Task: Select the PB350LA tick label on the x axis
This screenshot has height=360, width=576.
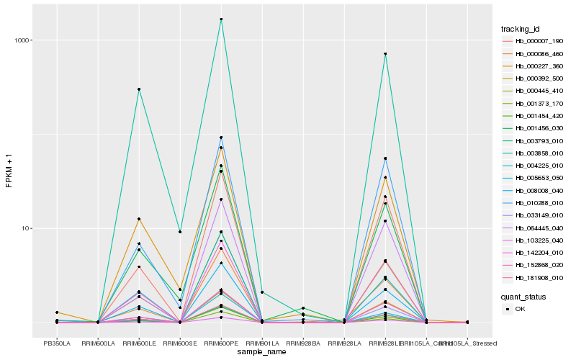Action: [x=57, y=344]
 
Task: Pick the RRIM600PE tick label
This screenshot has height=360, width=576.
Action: [x=221, y=344]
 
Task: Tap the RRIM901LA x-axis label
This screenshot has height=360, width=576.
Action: [x=262, y=344]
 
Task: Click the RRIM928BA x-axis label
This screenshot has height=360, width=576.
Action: [x=303, y=344]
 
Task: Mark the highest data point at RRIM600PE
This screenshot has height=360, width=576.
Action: [x=221, y=19]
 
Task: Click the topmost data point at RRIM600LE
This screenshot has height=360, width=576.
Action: [x=139, y=89]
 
